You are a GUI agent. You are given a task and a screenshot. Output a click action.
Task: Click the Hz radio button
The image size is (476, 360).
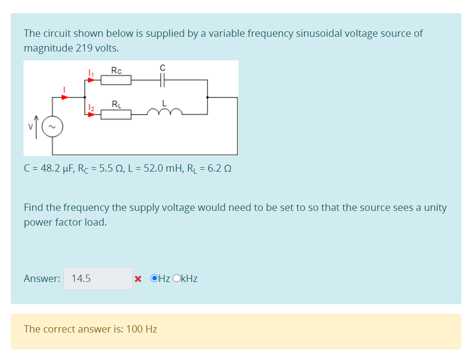155,279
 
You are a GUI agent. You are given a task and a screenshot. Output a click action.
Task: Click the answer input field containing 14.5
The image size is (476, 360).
98,279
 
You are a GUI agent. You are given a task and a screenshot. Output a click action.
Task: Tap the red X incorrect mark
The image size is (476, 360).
138,279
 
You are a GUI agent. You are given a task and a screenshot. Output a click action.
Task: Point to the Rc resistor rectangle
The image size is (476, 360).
116,80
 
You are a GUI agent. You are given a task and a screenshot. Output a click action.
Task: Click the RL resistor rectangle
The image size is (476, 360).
116,114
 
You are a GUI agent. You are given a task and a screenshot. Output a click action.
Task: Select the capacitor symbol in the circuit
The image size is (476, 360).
163,80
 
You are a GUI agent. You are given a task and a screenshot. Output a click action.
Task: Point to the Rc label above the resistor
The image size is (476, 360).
116,70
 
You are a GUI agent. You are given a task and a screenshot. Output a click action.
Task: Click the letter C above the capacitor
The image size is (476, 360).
163,67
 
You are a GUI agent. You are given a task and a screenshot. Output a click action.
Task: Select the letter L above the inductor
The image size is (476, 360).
165,103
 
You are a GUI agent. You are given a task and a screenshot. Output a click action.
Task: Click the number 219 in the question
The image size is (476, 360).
84,48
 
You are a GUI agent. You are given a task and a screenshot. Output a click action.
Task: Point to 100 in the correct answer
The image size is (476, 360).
134,329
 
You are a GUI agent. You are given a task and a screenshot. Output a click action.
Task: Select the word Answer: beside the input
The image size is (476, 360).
42,279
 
